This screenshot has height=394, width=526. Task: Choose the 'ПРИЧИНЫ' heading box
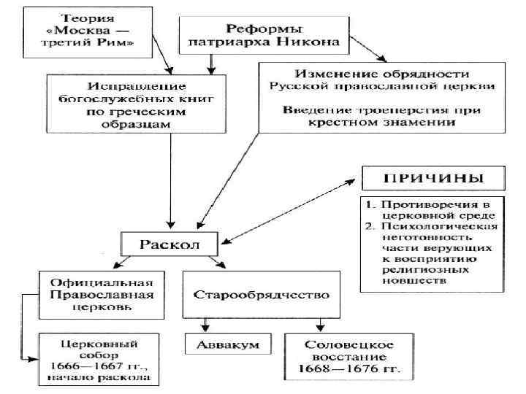coord(433,177)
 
